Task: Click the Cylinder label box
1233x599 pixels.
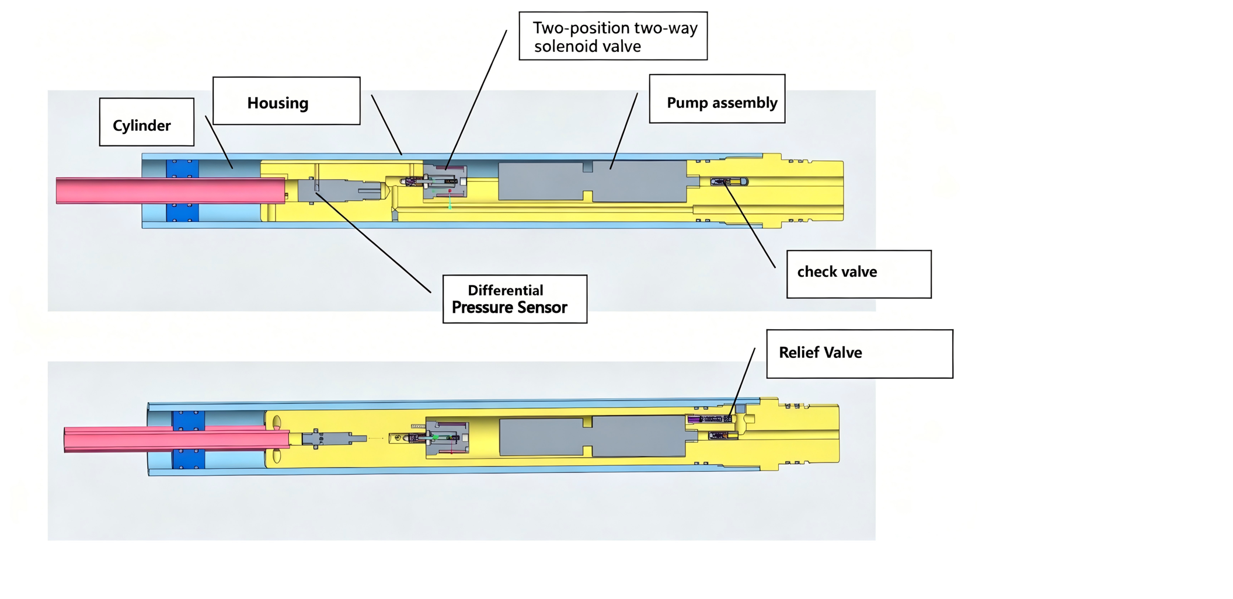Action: point(147,122)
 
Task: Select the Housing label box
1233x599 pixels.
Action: point(287,101)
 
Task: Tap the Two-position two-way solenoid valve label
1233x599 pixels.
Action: point(613,36)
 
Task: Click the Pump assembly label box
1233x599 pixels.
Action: point(717,99)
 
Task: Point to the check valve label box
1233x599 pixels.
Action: point(859,274)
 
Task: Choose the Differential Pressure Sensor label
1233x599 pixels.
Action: point(515,299)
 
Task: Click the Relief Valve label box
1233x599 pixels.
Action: point(859,354)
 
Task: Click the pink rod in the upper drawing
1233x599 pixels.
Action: point(170,191)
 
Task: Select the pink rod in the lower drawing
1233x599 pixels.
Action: point(176,439)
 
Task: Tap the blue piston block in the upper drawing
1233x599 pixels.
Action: point(182,191)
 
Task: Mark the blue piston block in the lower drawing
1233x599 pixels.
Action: point(189,440)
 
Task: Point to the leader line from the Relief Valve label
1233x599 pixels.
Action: point(742,382)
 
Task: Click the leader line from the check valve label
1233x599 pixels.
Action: point(750,225)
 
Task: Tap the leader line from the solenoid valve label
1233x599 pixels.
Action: point(476,100)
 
